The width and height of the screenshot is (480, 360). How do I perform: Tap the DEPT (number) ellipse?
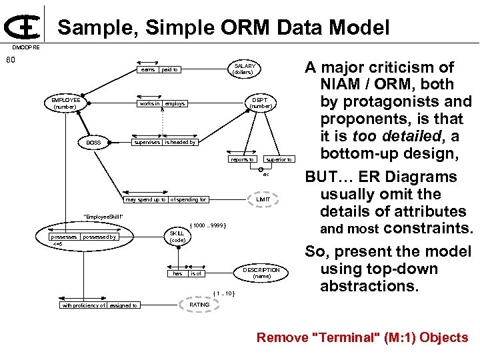coord(260,103)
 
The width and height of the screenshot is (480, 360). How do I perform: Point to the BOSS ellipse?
coord(93,143)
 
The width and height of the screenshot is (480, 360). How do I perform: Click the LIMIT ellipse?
coord(263,199)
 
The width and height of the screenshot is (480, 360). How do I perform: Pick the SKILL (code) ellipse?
coord(177,237)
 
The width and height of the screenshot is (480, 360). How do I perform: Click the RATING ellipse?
coord(199,305)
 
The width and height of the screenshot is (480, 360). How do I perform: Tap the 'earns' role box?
coord(148,69)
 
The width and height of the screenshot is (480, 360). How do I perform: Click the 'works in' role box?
coord(149,104)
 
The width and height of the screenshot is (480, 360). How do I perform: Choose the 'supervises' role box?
coord(147,142)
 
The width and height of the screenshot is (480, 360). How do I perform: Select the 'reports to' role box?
coord(241,159)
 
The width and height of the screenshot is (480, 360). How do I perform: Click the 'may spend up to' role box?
coord(146,199)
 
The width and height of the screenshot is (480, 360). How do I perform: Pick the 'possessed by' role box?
coord(99,237)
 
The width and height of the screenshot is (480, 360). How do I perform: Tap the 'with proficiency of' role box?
coord(83,305)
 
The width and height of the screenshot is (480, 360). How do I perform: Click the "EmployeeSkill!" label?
coord(103,217)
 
